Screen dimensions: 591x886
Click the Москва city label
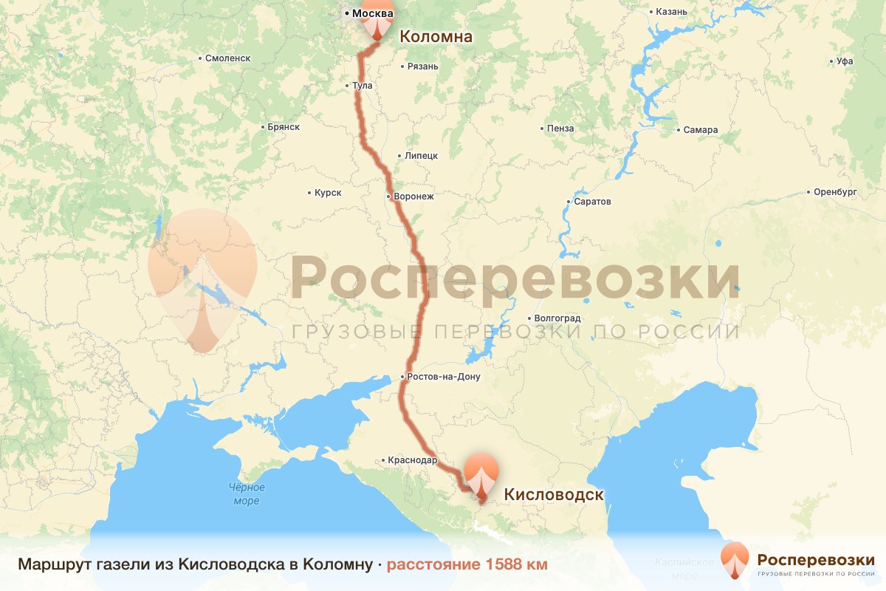[x=373, y=13]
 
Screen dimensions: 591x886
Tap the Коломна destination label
[x=436, y=36]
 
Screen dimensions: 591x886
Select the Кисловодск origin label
[x=554, y=494]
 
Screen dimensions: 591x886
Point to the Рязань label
[x=422, y=66]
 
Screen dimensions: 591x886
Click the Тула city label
[x=363, y=86]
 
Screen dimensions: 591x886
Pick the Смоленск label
[x=228, y=58]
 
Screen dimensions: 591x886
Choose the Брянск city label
[x=283, y=127]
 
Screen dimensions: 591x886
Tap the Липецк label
[x=421, y=156]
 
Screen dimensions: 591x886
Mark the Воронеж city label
[x=414, y=197]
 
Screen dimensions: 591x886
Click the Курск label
[x=328, y=193]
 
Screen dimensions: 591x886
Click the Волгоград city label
[x=557, y=318]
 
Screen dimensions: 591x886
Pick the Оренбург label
[x=835, y=192]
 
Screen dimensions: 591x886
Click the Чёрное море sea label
[x=247, y=494]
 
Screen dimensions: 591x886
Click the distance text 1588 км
[x=467, y=564]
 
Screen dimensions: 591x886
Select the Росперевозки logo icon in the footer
[x=735, y=560]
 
